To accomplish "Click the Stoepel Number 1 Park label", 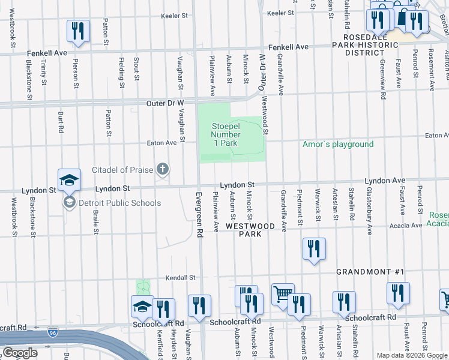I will pos(224,134).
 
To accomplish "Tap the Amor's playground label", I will pos(338,144).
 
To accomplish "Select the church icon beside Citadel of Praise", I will pos(162,170).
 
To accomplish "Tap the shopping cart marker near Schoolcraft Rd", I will pos(283,294).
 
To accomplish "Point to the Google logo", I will pos(20,353).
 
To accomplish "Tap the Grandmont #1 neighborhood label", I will pos(369,272).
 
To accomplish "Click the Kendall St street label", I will pos(181,278).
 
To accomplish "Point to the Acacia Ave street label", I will pos(406,226).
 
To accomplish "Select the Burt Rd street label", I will pos(61,122).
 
